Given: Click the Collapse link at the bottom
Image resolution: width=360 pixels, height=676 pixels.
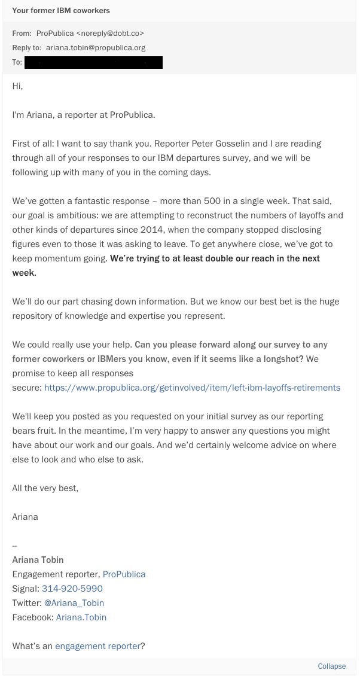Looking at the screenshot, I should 331,666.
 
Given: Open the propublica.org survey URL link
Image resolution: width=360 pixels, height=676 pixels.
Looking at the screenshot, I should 192,388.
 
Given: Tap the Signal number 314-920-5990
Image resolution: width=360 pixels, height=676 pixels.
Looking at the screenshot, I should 72,589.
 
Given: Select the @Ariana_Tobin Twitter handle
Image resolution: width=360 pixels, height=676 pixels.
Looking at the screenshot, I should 74,603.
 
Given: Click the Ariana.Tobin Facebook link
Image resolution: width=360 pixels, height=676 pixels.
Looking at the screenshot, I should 81,617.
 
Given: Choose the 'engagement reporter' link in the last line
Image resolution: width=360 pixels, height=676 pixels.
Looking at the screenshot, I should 97,646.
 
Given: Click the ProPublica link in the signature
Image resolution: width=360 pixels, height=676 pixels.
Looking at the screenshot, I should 124,574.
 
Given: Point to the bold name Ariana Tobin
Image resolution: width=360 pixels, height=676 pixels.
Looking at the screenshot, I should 38,560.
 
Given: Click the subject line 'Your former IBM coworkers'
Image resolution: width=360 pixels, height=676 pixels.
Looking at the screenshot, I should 61,11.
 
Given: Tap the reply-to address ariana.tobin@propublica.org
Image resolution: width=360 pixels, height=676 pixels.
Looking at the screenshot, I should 96,47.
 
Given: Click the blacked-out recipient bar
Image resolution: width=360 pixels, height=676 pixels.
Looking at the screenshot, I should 93,62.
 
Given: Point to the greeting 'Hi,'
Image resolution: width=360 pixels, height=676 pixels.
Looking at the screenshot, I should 17,86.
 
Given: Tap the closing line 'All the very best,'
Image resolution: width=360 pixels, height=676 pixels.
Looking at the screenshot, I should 45,488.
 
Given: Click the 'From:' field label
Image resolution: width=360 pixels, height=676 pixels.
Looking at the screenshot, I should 22,34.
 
